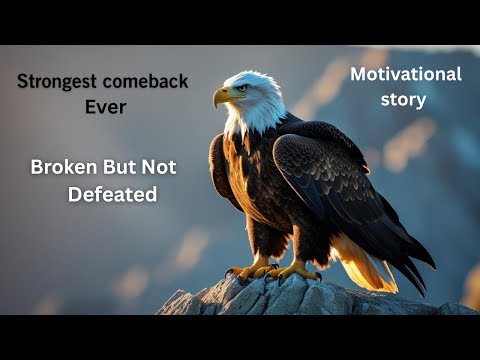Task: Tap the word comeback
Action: point(146,82)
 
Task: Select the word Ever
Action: point(105,106)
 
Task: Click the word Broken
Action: point(61,167)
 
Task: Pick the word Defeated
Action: point(112,194)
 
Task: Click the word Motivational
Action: point(405,75)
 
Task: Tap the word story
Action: point(403,99)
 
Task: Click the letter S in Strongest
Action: point(23,82)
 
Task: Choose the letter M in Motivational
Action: point(356,75)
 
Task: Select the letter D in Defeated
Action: point(74,194)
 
